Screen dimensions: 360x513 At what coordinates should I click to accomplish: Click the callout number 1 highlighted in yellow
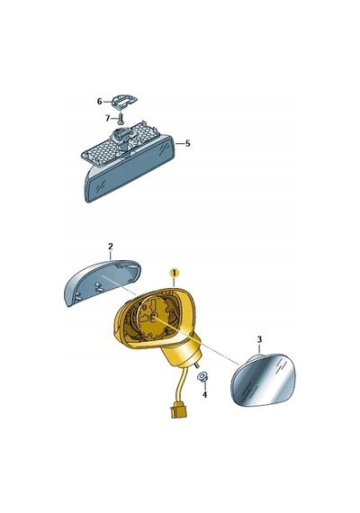tap(175, 272)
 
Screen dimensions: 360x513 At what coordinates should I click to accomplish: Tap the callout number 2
tap(111, 246)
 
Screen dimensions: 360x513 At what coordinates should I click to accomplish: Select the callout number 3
tap(259, 339)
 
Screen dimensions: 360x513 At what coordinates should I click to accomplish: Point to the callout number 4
tap(204, 395)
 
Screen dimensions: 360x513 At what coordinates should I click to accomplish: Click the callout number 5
tap(187, 144)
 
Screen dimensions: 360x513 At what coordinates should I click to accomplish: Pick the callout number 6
tap(100, 102)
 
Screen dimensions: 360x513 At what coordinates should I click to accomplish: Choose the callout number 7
tap(108, 118)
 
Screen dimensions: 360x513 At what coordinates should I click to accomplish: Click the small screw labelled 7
tap(121, 119)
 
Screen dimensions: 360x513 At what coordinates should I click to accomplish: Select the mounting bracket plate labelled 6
tap(124, 101)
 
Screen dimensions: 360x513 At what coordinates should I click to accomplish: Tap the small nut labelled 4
tap(201, 378)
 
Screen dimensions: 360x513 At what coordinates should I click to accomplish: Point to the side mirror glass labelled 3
tap(264, 379)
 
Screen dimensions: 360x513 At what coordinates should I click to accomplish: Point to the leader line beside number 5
tap(180, 144)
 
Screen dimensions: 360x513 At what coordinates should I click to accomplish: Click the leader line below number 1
tap(174, 282)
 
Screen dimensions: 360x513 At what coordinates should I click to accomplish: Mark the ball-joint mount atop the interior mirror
tap(122, 139)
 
